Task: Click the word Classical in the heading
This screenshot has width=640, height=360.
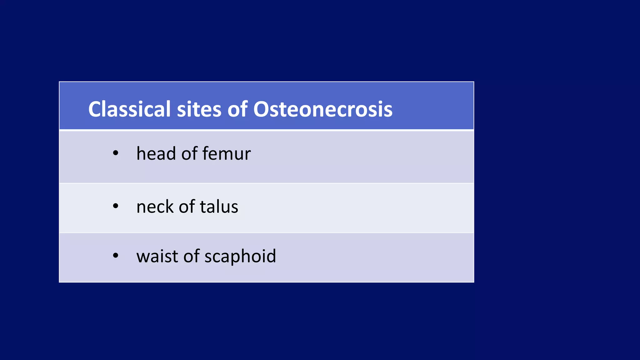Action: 129,109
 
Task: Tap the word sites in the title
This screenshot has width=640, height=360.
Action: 199,109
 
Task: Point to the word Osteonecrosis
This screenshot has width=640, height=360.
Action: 322,109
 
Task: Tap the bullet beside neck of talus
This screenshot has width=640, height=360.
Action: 116,206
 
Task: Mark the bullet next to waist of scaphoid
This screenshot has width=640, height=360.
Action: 116,256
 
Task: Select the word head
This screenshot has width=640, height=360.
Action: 156,154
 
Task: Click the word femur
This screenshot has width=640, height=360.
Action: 226,154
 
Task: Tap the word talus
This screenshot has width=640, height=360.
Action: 219,207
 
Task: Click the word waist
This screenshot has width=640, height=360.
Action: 157,256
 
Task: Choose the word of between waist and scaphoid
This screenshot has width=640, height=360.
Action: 192,256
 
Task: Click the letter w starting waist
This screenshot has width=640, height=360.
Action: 143,257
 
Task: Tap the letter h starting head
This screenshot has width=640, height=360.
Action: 141,154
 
